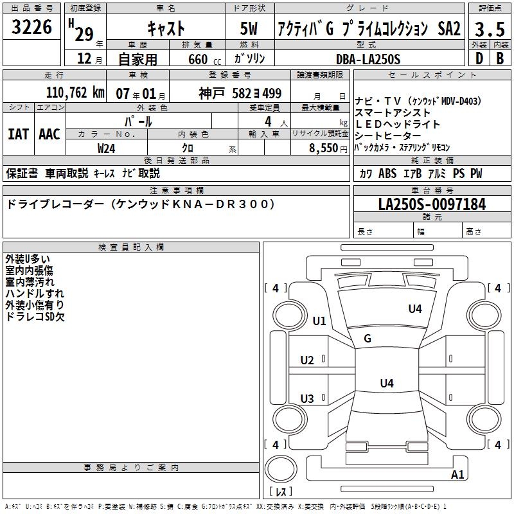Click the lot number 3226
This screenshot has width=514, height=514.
coord(32,27)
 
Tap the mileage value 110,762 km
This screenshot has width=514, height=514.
coord(75,93)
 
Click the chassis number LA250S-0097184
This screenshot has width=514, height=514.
coord(432,204)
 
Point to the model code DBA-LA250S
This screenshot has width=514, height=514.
coord(368,59)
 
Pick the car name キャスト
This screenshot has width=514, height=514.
coord(166,28)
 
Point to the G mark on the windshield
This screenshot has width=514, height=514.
coord(368,339)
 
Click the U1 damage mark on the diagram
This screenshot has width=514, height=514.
coord(319,321)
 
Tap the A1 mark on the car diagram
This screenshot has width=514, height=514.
coord(457,475)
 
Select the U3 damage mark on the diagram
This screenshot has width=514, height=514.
coord(307,399)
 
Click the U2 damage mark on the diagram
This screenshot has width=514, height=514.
coord(307,360)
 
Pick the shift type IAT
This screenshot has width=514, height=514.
coord(18,134)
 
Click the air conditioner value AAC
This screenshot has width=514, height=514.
coord(49,134)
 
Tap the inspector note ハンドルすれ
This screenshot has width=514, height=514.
coord(30,294)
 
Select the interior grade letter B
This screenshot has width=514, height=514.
coord(499,58)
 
